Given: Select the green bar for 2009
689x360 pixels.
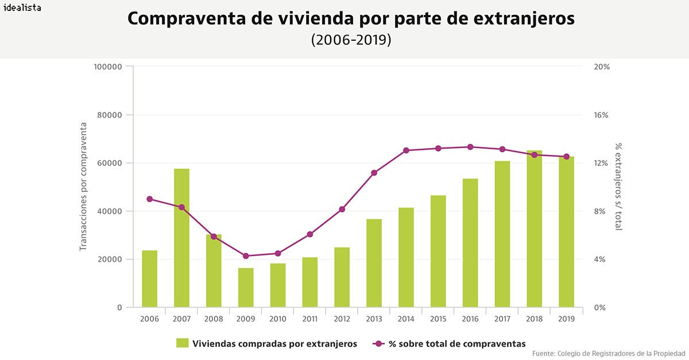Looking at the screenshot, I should point(246,287).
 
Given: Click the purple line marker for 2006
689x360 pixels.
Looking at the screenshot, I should point(149,199).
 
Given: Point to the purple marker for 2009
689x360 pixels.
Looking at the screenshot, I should point(246,256).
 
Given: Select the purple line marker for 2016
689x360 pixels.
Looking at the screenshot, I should point(470,147).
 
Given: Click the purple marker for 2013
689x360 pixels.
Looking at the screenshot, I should point(374,173).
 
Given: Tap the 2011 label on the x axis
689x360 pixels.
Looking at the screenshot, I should point(309,318).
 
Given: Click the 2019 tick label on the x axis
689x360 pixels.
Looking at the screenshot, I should point(566,318).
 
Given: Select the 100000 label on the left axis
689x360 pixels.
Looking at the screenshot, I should point(108,67).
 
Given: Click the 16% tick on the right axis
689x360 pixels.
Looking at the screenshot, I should point(601,115).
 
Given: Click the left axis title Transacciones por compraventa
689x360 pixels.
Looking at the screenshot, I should point(83,187).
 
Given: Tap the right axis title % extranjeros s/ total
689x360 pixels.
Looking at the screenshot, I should point(618,187).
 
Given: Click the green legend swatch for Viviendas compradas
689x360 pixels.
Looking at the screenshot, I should point(183,343).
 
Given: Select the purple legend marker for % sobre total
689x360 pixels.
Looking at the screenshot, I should point(378,344).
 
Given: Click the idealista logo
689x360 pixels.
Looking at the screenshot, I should point(22,9).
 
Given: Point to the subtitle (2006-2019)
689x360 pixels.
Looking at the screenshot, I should point(351,40).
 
